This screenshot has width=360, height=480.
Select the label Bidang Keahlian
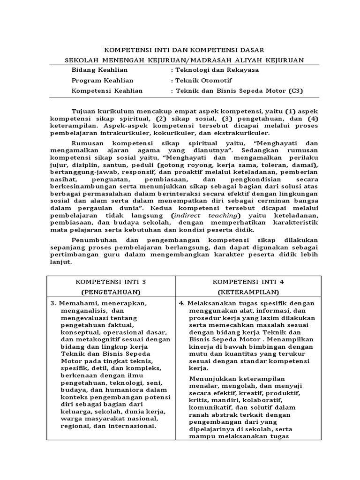coord(93,70)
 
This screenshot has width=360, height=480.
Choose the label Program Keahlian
coord(96,81)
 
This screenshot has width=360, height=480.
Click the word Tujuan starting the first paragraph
coord(84,111)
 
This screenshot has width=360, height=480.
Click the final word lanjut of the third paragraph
coord(61,262)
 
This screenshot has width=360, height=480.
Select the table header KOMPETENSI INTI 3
coord(111,282)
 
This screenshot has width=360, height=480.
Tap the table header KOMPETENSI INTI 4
coord(248,282)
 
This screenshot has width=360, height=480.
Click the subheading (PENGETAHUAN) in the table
coord(111,292)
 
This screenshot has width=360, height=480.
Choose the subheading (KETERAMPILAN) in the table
coord(248,292)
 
